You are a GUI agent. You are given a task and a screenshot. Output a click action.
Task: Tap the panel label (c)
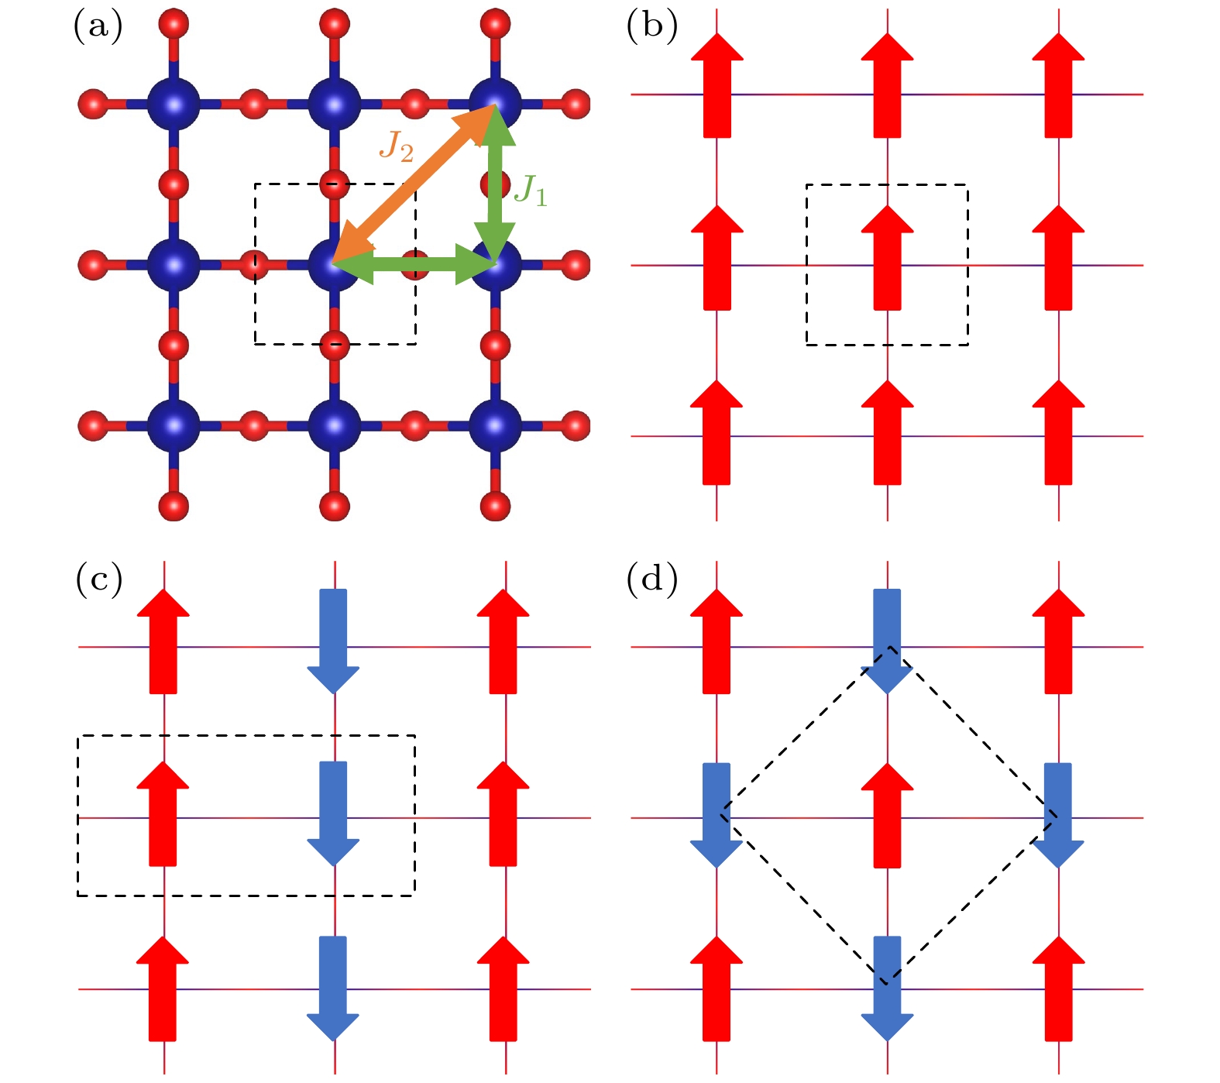(98, 579)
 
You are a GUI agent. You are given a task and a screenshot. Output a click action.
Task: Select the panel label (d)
(651, 579)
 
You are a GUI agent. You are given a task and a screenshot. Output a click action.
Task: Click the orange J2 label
(396, 146)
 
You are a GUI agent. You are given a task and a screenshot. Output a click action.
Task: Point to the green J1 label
(531, 190)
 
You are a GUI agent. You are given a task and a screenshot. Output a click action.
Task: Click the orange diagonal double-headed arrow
(415, 184)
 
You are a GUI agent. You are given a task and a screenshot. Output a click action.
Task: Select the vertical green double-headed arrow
(495, 184)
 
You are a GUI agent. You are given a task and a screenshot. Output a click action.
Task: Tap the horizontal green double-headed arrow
(414, 264)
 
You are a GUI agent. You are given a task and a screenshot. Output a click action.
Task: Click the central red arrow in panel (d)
(888, 815)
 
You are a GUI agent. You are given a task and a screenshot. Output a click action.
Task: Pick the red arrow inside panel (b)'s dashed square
(888, 258)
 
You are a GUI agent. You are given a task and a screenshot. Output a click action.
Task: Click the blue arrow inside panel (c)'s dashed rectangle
(334, 813)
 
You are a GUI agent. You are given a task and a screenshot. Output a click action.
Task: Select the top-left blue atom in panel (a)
(174, 103)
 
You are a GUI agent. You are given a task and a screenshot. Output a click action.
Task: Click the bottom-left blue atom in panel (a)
(174, 425)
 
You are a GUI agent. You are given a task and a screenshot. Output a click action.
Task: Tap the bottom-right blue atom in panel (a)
(496, 425)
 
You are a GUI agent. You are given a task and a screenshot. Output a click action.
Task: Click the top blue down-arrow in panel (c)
(334, 641)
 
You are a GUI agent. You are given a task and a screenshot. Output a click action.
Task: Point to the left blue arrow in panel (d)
(717, 816)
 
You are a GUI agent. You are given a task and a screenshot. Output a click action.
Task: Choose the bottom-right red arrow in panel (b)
(1059, 432)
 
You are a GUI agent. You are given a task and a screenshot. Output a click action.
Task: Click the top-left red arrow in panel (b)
(717, 85)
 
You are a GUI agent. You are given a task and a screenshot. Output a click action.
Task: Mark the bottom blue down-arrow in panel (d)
(888, 988)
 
